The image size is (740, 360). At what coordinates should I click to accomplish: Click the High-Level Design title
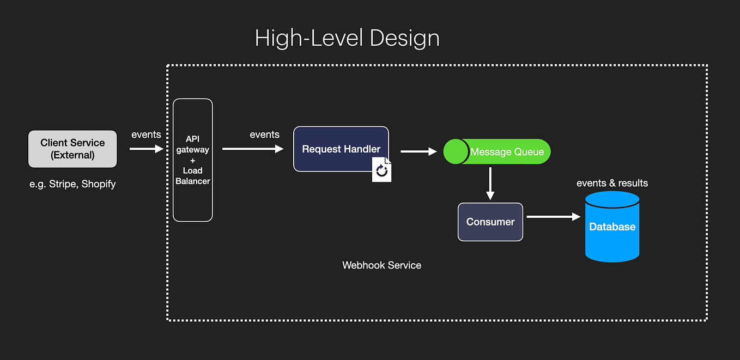click(347, 39)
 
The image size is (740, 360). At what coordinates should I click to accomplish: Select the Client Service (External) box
click(72, 149)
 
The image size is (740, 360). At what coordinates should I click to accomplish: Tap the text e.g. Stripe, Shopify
click(72, 184)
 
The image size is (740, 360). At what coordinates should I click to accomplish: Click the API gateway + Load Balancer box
click(192, 160)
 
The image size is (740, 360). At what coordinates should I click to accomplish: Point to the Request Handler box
click(341, 149)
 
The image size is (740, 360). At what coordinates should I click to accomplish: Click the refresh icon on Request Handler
click(381, 171)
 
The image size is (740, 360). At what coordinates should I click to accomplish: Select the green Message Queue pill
click(497, 151)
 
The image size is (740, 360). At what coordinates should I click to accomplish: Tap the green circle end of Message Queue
click(456, 151)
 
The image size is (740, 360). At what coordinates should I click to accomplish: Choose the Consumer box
click(490, 222)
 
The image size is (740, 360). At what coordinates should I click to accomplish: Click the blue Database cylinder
click(612, 227)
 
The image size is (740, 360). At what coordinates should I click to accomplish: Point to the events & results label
click(612, 183)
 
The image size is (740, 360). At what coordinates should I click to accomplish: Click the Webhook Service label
click(381, 265)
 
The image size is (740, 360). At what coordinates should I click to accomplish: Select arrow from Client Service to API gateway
click(146, 148)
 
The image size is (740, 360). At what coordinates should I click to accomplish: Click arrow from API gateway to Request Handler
click(253, 148)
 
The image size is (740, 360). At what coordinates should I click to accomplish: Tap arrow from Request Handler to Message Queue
click(418, 152)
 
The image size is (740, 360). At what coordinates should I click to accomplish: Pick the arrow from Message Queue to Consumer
click(490, 184)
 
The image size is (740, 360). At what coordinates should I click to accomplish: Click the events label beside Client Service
click(146, 135)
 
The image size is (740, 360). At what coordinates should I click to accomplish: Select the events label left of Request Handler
click(264, 135)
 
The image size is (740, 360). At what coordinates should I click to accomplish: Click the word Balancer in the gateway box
click(192, 181)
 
